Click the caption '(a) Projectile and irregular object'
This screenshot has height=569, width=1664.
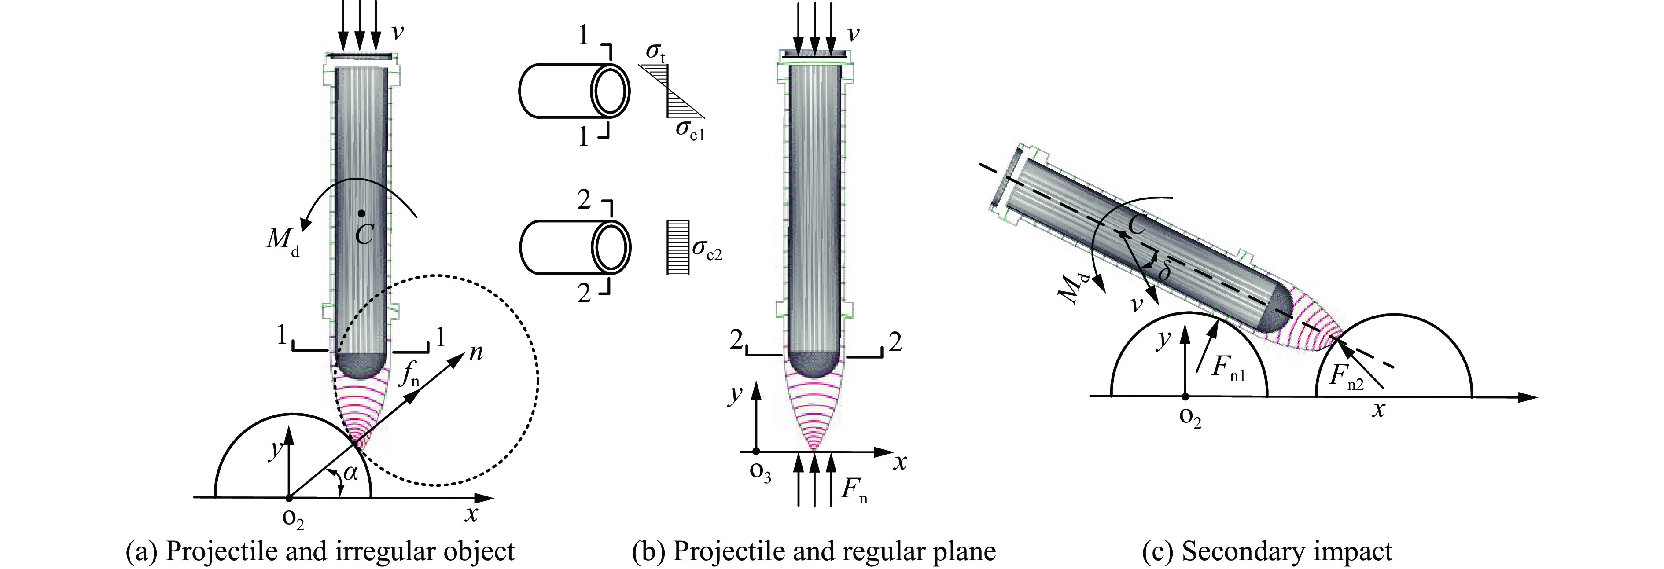click(x=320, y=551)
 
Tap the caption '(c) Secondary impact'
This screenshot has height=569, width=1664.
click(x=1267, y=551)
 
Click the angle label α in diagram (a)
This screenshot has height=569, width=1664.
click(x=350, y=474)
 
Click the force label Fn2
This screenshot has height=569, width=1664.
click(x=1346, y=378)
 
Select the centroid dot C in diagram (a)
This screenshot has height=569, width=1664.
click(x=362, y=213)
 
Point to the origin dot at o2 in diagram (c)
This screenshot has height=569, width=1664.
click(x=1184, y=396)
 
